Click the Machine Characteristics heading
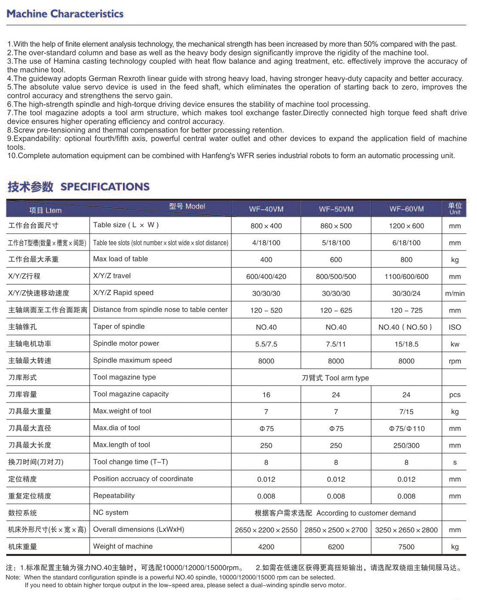pos(65,14)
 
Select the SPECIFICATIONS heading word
pos(105,187)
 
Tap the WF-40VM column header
pos(266,209)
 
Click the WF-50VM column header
pos(336,209)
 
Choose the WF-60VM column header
pos(406,209)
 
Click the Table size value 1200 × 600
pos(406,226)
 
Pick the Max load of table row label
pos(120,259)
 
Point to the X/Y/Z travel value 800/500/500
pos(336,276)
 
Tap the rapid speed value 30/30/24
pos(406,293)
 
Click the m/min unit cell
pos(454,293)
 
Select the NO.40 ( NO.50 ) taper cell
pos(405,327)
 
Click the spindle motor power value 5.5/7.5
pos(266,344)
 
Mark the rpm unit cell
pos(454,361)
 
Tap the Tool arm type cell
pos(335,378)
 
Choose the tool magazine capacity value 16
pos(266,395)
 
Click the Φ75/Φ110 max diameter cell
pos(406,428)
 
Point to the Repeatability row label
pos(114,496)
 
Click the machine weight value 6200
pos(336,547)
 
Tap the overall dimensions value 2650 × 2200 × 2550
pos(266,530)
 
